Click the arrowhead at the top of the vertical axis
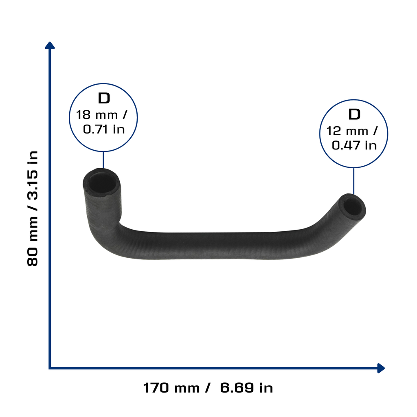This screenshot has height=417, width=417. coord(50,46)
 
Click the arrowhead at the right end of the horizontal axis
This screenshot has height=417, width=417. coord(381,368)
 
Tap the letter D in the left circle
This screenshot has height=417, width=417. coord(104,98)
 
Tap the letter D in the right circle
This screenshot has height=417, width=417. coord(354,114)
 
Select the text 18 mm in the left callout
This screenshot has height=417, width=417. coord(97,115)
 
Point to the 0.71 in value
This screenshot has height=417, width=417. coord(104,129)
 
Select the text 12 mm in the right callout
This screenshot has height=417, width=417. coord(347,131)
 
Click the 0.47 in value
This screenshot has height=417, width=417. coord(354,145)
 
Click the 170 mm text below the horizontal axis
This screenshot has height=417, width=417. coord(171,388)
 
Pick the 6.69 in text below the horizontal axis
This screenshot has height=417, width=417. coord(246,388)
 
